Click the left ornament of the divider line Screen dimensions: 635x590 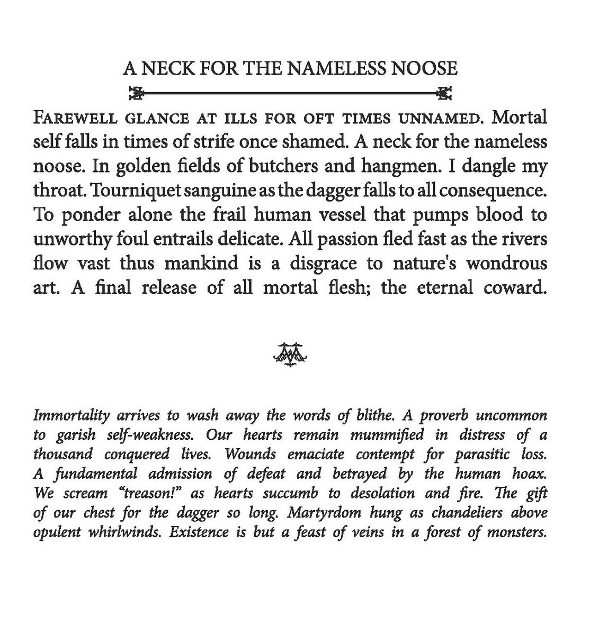click(x=137, y=94)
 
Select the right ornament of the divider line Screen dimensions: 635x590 click(x=444, y=94)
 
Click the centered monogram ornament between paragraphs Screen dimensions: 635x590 click(x=290, y=353)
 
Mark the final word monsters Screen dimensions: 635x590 click(x=519, y=532)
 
